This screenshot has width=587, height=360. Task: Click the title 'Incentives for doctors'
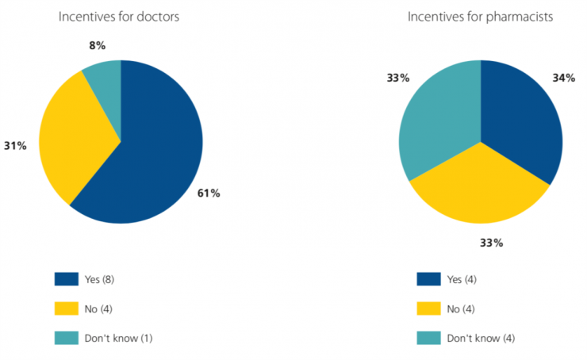point(121,17)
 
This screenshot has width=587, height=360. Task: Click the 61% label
point(209,193)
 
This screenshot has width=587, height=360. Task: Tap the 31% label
point(15,146)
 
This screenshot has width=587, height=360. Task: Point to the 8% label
point(96,46)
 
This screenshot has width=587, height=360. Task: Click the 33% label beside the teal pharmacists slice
point(398,78)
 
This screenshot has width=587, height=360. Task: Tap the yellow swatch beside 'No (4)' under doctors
point(66,308)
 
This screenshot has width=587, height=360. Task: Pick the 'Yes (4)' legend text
point(461,279)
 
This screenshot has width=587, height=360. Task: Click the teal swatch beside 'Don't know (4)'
point(427,338)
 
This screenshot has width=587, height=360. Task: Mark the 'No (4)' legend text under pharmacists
point(460,308)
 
